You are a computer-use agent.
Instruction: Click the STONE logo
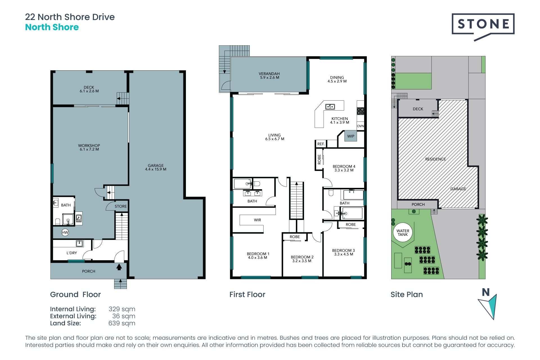point(483,27)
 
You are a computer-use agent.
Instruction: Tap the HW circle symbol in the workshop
point(65,232)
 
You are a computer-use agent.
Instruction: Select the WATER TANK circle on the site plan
point(403,232)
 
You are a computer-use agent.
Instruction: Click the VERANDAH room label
point(269,74)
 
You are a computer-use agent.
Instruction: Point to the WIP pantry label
point(351,136)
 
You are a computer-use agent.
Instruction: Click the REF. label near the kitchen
point(321,144)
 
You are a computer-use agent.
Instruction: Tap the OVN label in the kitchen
point(360,126)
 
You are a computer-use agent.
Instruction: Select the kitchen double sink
point(330,107)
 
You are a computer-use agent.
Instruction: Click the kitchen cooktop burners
point(361,111)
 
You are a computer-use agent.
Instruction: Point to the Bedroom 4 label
point(344,166)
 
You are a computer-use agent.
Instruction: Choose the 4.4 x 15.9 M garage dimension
point(156,169)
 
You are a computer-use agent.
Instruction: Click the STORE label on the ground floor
point(121,206)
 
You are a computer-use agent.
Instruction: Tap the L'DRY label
point(72,253)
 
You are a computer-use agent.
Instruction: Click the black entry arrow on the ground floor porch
point(119,267)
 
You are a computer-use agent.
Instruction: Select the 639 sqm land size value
point(122,323)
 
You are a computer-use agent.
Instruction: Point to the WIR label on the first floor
point(257,220)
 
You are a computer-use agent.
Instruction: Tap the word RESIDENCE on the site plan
point(435,159)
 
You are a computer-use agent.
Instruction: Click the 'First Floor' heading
point(247,294)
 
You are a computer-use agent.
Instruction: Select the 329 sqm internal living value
point(122,309)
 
